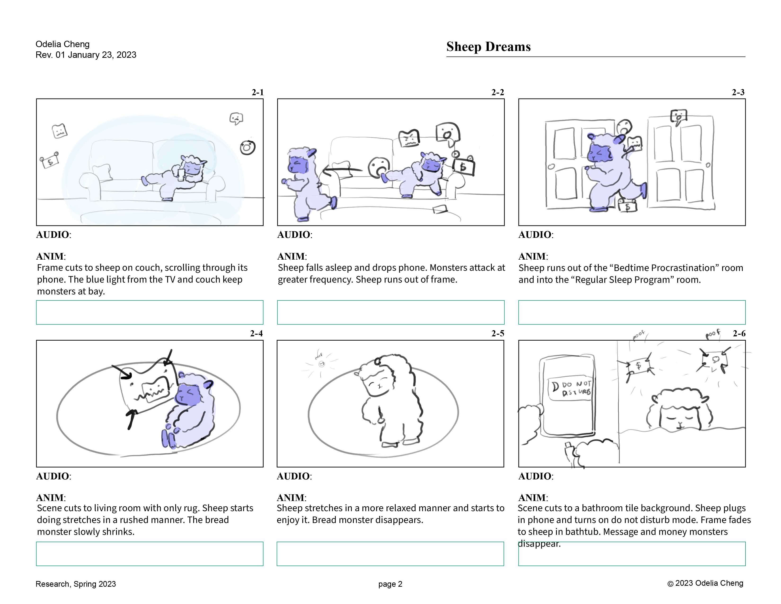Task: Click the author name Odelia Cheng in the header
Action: point(62,44)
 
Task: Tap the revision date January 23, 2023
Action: point(102,55)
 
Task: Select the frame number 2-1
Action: point(257,92)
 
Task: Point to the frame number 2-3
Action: point(738,92)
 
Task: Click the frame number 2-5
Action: point(497,334)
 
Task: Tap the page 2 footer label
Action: point(390,584)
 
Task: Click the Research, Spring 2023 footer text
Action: point(76,584)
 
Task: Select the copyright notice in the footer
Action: point(705,583)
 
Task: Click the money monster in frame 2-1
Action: point(49,161)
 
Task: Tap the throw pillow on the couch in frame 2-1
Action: point(103,172)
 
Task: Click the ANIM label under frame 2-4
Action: point(51,498)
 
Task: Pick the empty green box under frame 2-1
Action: point(150,312)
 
